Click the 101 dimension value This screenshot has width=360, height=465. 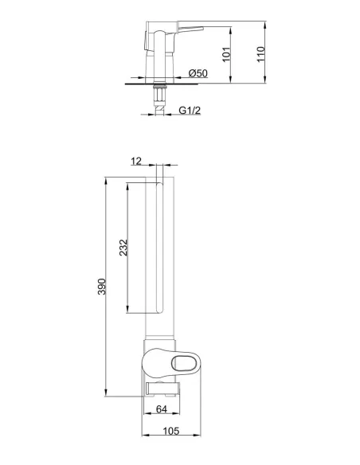pos(226,55)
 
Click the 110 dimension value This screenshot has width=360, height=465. pos(260,54)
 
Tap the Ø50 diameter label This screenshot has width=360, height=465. pos(198,73)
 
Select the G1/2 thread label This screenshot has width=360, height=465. pos(190,111)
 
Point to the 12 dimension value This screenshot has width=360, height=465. pos(136,162)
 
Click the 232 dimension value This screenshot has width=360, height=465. pos(123,248)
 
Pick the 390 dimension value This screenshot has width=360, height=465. pos(101,287)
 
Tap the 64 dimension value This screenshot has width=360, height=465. pos(162,409)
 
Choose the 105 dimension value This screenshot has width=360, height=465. pos(171,431)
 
